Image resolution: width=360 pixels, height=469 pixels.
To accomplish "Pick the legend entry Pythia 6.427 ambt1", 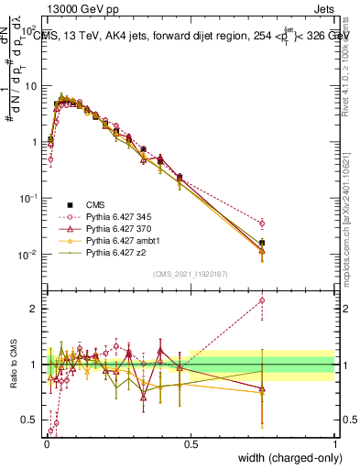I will click(x=116, y=238).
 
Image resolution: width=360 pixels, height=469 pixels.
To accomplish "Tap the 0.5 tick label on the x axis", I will click(x=191, y=443).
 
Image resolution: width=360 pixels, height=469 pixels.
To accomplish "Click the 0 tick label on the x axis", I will click(x=47, y=443).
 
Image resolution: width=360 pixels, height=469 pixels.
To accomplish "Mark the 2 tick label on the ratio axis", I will click(x=36, y=309).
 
